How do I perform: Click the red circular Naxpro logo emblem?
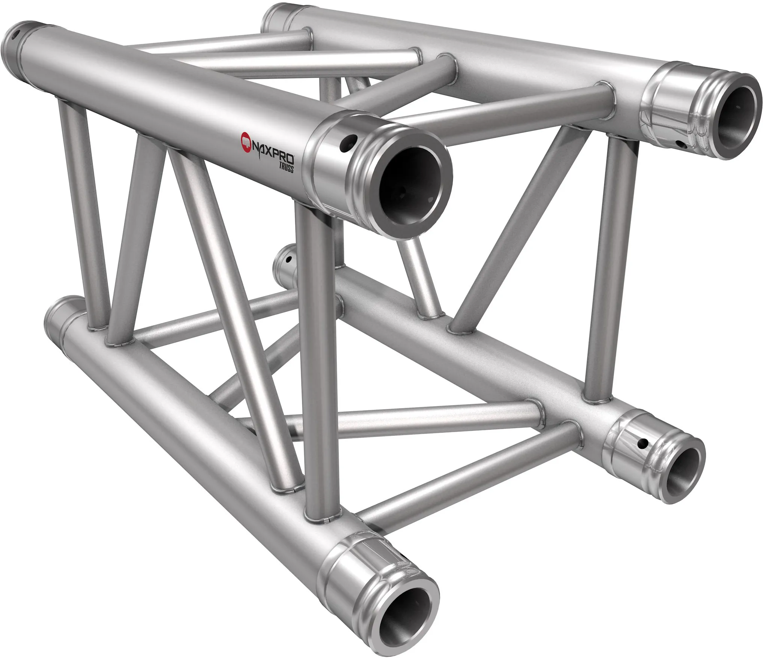[x=246, y=140]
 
